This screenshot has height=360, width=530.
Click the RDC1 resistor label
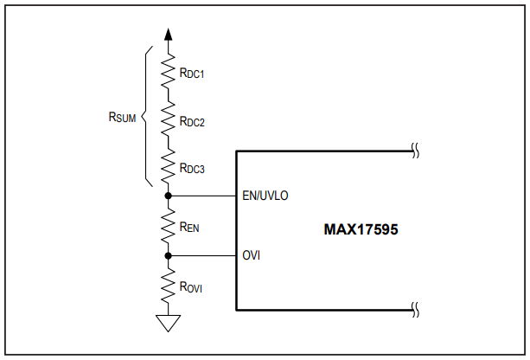coord(192,73)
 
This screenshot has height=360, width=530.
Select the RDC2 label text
coord(192,121)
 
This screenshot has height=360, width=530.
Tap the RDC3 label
coord(192,168)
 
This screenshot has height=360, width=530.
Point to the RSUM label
coord(122,117)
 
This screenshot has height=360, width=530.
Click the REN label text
coord(189,227)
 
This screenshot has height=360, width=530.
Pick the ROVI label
coord(190,287)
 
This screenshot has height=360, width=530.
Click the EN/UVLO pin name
coord(265,196)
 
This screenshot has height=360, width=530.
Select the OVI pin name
coord(251,255)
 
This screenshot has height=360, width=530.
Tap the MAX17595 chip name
coord(361,229)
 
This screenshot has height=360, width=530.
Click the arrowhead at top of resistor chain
coord(168,35)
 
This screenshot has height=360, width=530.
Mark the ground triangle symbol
coord(168,323)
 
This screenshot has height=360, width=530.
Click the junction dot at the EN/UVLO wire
coord(168,196)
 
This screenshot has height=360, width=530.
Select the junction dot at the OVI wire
coord(168,256)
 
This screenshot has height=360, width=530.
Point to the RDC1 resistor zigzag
coord(168,71)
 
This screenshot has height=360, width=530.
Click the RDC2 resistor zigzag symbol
coord(168,119)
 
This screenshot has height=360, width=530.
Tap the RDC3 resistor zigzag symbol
coord(168,166)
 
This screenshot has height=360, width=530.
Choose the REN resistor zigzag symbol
coord(168,226)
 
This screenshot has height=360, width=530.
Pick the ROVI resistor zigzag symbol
coord(168,286)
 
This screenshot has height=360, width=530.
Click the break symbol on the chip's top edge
coord(415,151)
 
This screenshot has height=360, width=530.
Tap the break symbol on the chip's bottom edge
coord(415,310)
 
